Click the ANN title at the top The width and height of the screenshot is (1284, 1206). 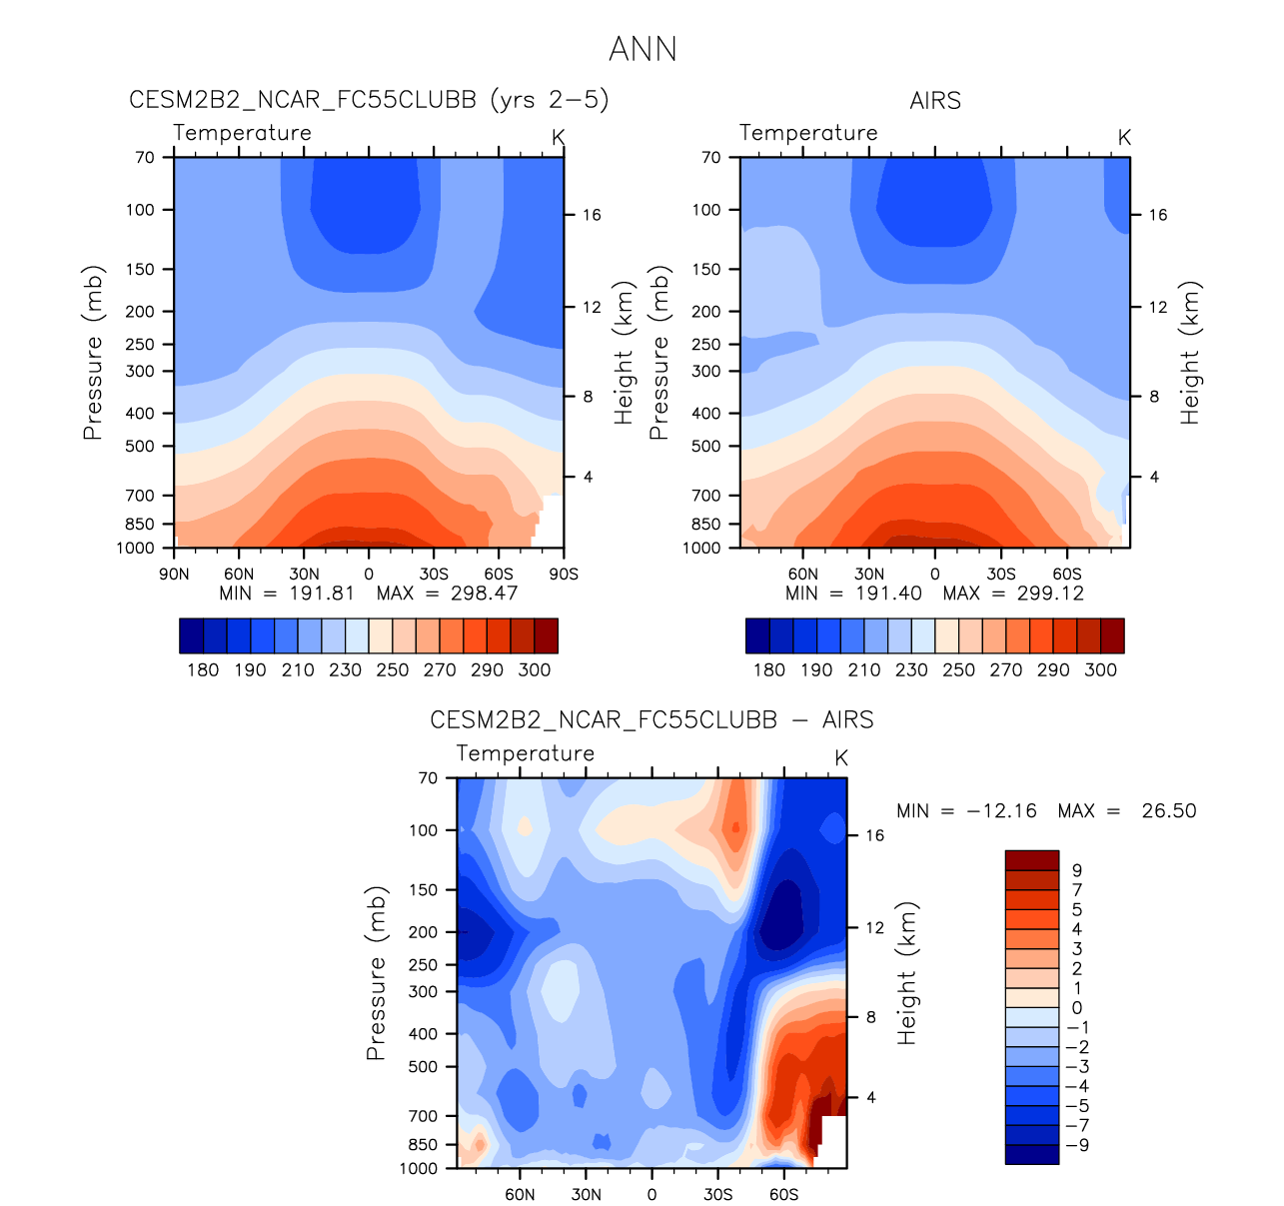(x=642, y=49)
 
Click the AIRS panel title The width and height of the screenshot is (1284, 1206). (x=935, y=101)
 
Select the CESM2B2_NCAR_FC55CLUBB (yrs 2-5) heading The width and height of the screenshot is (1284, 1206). (x=369, y=100)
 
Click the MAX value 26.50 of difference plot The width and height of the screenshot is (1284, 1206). (x=1168, y=811)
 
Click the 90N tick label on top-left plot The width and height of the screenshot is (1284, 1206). (x=174, y=575)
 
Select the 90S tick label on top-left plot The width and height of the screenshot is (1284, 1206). (x=564, y=575)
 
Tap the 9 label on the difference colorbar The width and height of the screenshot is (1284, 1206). (x=1077, y=871)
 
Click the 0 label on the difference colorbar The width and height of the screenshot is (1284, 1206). (x=1077, y=1008)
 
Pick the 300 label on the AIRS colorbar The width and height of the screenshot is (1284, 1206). (x=1100, y=670)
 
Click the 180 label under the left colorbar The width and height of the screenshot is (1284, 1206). (x=203, y=670)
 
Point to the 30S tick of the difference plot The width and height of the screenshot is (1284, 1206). (x=717, y=1195)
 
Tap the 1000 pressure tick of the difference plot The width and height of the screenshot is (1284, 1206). (x=419, y=1168)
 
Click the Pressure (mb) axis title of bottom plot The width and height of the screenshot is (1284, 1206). (x=376, y=972)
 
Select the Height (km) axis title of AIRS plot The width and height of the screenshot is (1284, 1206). (x=1189, y=353)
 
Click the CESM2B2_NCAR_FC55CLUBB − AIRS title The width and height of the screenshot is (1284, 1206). (x=651, y=720)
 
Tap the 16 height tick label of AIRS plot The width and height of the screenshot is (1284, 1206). (x=1157, y=215)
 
